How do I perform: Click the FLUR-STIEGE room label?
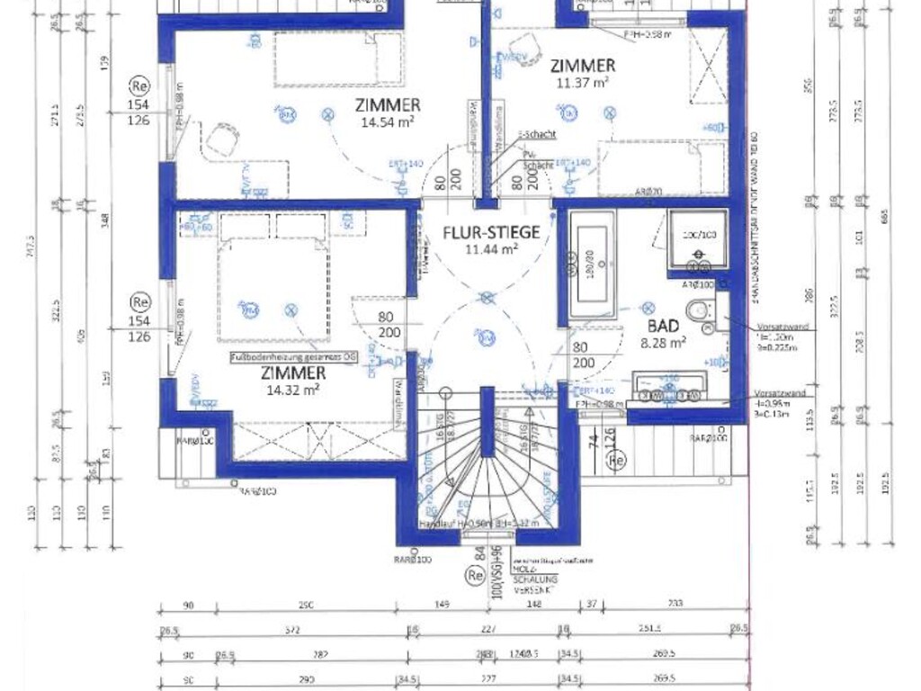pos(492,232)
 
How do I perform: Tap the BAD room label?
pos(664,326)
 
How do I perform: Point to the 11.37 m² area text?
pos(583,82)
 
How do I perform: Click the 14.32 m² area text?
pos(292,389)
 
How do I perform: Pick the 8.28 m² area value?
pos(664,342)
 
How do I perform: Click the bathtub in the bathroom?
pos(592,265)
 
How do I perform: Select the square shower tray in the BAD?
pos(697,240)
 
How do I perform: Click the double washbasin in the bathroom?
pos(671,388)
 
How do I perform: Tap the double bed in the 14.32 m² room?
pos(272,279)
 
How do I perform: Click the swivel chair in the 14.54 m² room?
pos(219,139)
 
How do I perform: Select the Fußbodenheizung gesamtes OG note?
pos(293,357)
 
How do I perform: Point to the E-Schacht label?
pos(538,135)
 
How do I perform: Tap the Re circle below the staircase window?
pos(475,574)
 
